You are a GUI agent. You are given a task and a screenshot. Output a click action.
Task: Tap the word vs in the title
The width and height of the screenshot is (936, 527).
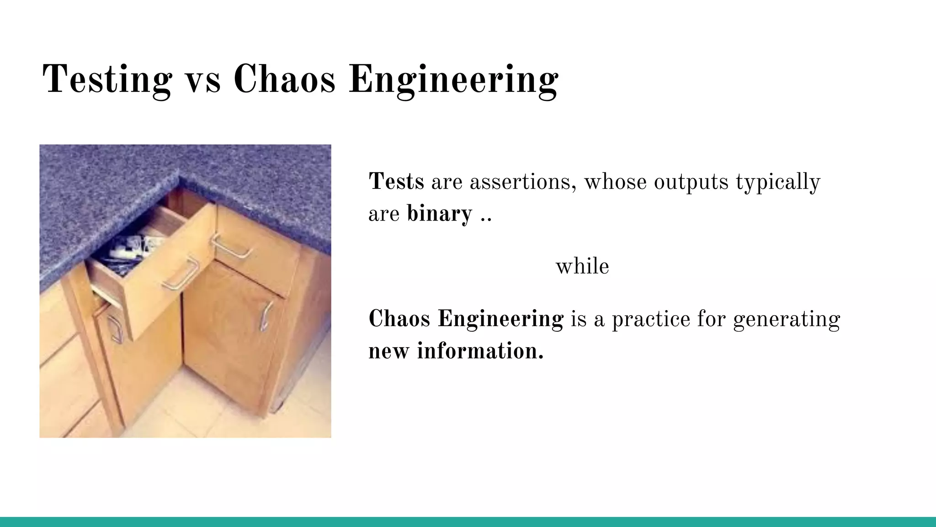(202, 80)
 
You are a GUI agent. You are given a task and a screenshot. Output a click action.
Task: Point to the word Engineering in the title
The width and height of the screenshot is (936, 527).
(453, 80)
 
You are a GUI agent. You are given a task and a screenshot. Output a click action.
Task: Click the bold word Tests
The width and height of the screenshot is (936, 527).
(396, 182)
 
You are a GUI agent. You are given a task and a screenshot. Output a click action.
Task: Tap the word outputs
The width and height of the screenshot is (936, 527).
(691, 182)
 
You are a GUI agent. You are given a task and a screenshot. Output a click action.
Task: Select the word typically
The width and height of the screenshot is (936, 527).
(778, 182)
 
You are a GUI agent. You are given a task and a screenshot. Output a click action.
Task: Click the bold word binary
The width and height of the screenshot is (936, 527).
(439, 214)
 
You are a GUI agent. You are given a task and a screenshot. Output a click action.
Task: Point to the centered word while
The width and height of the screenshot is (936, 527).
(582, 266)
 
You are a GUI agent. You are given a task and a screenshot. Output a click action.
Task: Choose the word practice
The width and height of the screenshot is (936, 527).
(651, 319)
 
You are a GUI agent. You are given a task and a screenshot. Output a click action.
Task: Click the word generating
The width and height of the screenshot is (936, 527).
(787, 319)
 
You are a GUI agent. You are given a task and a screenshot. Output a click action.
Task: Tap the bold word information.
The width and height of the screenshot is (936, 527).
(480, 351)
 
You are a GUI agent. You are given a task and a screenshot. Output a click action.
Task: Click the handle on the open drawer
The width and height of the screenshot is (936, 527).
(181, 274)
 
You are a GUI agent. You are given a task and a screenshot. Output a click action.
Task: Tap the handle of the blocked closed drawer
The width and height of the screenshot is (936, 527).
(232, 247)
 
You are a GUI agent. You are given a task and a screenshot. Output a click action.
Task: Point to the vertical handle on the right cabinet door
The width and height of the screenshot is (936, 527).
(265, 316)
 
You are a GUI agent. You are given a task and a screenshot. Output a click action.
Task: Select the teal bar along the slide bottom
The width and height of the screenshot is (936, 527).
(468, 522)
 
